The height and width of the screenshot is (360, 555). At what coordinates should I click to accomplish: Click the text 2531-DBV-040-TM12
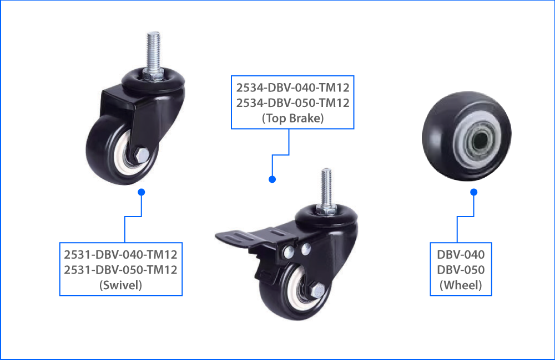coord(121,255)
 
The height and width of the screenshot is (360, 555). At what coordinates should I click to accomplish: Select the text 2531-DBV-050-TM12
coord(121,270)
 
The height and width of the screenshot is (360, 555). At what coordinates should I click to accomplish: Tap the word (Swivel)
coord(121,286)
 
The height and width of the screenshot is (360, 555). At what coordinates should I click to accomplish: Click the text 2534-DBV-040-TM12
coord(292,87)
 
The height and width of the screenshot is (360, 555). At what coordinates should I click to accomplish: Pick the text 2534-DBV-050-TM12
coord(292,102)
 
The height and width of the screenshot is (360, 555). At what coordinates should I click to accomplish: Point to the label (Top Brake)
coord(292,117)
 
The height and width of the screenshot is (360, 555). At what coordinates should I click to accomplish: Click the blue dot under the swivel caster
coord(142,192)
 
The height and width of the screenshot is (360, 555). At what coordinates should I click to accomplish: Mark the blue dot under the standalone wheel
coord(473,192)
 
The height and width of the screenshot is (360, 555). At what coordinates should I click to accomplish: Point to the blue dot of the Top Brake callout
coord(272,179)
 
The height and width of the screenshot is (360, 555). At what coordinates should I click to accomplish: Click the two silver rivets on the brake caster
coord(296,253)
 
